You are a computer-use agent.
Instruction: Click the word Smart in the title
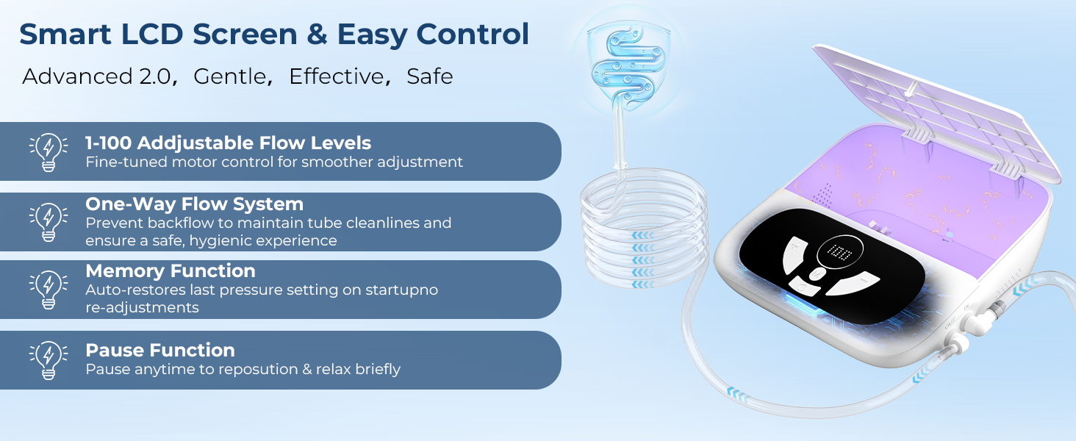[x=65, y=34]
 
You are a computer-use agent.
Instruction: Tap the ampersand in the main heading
[x=317, y=34]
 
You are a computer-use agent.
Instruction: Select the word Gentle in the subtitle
[x=229, y=76]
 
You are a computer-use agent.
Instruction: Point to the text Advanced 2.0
[x=96, y=76]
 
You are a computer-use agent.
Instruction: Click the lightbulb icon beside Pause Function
[x=49, y=360]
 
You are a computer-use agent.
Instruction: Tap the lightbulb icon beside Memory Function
[x=49, y=290]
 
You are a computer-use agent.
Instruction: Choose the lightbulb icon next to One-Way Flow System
[x=49, y=222]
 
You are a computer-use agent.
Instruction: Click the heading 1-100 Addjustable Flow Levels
[x=228, y=143]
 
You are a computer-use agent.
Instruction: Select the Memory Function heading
[x=171, y=271]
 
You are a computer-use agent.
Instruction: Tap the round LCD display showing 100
[x=839, y=251]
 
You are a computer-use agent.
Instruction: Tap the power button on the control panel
[x=803, y=287]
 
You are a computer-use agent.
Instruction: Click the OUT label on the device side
[x=950, y=325]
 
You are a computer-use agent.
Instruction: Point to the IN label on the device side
[x=966, y=306]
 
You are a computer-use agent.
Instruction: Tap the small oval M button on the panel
[x=817, y=274]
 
